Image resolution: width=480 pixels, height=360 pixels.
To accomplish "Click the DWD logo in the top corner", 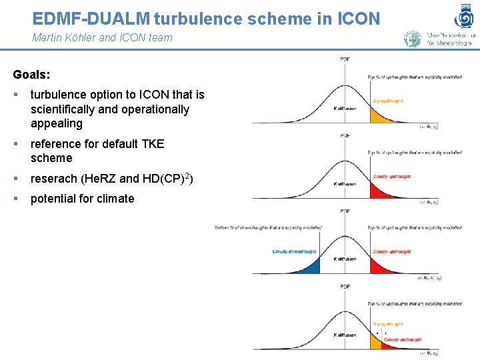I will [x=465, y=14].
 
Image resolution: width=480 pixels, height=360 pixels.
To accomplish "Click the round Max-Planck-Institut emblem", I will [x=413, y=38].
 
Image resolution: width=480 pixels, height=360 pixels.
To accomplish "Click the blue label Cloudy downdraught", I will [x=294, y=251].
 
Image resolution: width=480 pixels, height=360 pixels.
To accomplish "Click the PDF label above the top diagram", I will [x=345, y=61].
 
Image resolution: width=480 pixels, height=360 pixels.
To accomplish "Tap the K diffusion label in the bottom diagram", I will [x=345, y=335].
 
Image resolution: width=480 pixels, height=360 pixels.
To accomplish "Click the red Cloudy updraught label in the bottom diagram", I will [x=403, y=340].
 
